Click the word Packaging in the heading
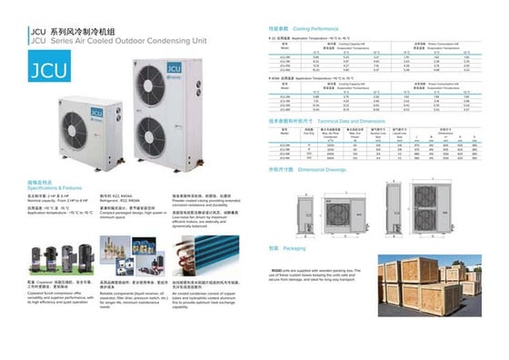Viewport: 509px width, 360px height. [294, 247]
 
